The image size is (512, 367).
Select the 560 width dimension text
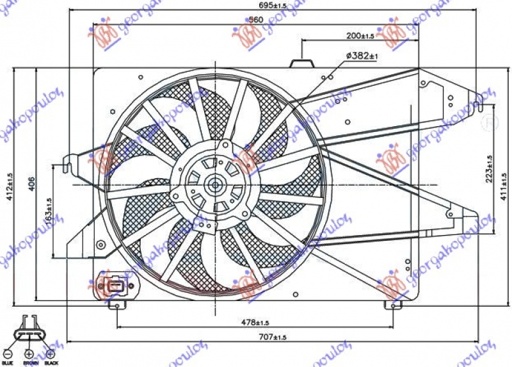click(x=255, y=20)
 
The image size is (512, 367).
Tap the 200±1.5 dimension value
click(x=360, y=35)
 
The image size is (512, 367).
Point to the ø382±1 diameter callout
click(x=362, y=57)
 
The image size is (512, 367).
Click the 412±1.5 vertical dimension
click(x=10, y=186)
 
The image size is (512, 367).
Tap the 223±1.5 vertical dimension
click(x=489, y=168)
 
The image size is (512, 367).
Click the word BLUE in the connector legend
click(x=8, y=363)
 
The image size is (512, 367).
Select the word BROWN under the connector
click(x=30, y=363)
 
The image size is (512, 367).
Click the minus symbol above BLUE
click(x=8, y=353)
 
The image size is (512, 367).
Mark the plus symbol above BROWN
click(x=29, y=353)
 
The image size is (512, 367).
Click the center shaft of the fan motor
click(x=215, y=185)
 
